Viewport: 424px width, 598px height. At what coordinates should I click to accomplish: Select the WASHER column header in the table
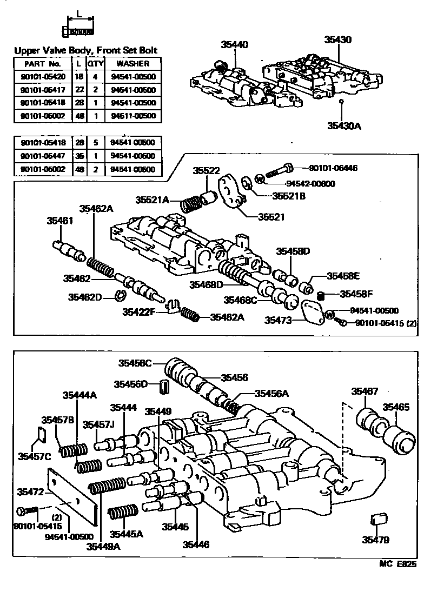[x=133, y=64]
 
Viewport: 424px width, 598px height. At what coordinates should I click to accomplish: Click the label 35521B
[x=288, y=196]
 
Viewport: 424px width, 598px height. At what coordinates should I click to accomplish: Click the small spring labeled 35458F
[x=321, y=296]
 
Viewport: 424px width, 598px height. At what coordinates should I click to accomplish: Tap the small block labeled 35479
[x=376, y=520]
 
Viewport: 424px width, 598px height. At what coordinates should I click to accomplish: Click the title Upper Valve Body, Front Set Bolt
[x=85, y=51]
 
